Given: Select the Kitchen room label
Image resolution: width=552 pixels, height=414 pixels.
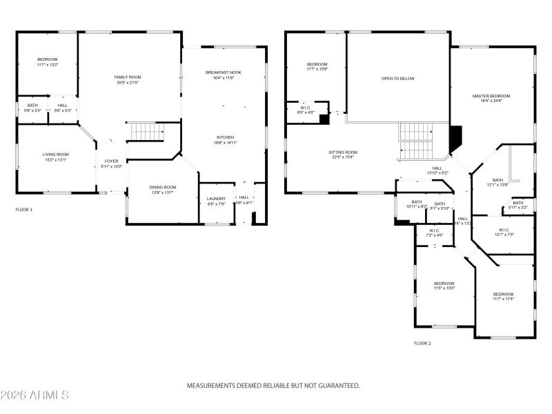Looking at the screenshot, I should pos(225,140).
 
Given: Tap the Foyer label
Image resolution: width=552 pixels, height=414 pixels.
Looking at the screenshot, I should pos(111,164).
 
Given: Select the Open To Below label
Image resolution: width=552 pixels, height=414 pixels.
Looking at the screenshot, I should pos(397,79).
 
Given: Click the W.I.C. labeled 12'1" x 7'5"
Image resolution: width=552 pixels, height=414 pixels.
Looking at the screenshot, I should pos(502,232).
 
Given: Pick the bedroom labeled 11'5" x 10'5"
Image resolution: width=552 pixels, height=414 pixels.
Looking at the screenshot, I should pos(444,286).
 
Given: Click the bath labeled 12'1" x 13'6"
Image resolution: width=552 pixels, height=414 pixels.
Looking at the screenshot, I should pos(497,181).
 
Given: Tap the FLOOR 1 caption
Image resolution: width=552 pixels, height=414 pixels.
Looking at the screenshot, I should pos(23,209).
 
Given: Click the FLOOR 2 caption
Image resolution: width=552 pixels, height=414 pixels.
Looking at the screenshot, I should pos(422,343).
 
